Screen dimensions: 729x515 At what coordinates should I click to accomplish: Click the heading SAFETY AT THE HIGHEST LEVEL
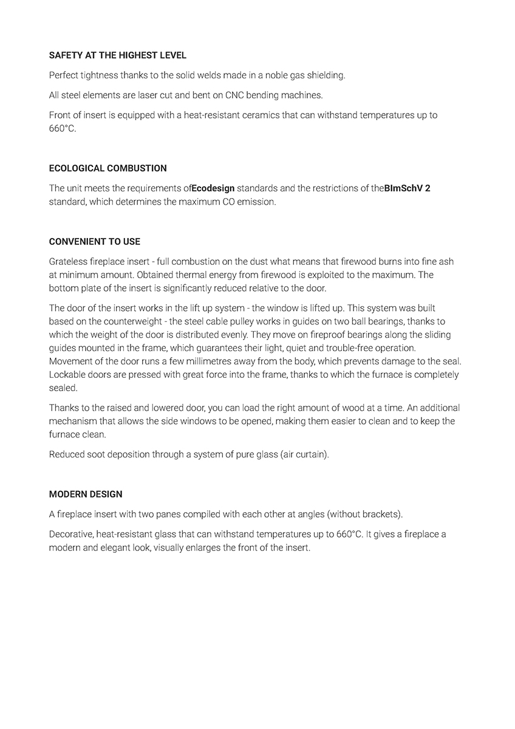(x=118, y=55)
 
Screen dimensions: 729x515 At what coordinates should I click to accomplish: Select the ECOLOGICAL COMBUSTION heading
(x=108, y=168)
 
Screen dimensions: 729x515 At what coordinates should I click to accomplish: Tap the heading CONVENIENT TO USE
(x=95, y=241)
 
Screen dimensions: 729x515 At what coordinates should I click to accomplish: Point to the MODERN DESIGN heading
(x=86, y=494)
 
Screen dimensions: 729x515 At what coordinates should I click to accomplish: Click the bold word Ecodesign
(x=213, y=188)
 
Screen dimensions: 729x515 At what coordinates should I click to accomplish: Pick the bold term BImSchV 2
(x=408, y=188)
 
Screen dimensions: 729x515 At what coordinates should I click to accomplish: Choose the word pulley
(x=254, y=321)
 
